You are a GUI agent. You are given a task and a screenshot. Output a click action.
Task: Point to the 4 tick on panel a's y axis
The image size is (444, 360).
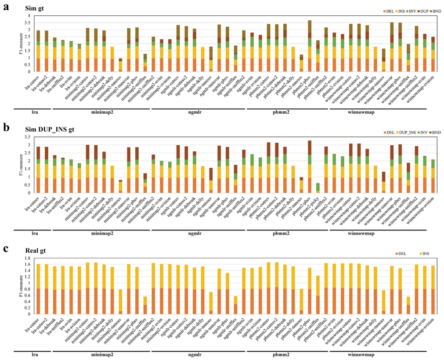[x=29, y=16]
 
